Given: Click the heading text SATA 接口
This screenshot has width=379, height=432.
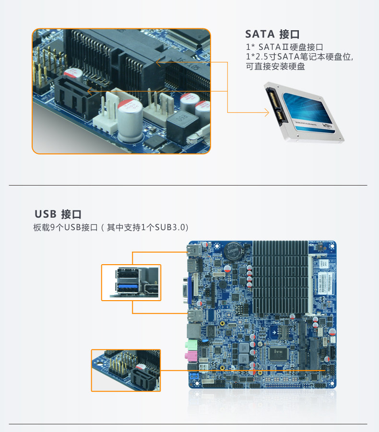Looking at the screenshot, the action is [272, 34].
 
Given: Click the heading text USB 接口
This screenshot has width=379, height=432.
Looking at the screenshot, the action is [61, 214].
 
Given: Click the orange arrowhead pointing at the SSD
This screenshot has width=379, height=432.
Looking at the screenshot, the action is [266, 113].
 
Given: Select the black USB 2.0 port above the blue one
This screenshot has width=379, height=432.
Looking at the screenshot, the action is [129, 275].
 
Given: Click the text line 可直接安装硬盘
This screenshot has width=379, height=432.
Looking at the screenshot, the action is [275, 67].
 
